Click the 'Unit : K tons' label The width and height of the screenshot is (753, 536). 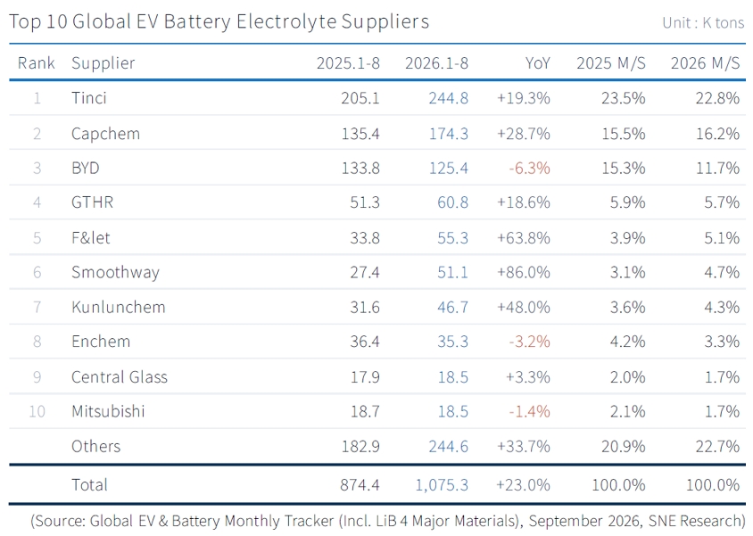pos(703,22)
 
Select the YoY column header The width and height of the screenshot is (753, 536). pos(537,62)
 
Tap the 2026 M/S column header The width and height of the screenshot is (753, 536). pos(705,62)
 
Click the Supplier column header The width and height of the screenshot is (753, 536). pos(103,63)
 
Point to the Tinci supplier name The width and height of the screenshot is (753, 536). pos(89,98)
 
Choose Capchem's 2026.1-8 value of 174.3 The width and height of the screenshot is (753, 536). pos(449,134)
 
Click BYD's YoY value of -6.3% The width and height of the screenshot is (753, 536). pos(530,168)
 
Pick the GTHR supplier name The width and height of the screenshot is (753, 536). pos(92,202)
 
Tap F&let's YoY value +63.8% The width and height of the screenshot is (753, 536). pos(524,237)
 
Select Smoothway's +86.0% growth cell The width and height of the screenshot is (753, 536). pos(524,272)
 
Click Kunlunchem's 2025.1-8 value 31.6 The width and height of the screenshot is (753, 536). pos(365,307)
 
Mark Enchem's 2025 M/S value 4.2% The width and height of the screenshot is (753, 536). pos(628,342)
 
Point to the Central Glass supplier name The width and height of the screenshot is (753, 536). pos(120,377)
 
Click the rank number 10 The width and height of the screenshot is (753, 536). pos(37,412)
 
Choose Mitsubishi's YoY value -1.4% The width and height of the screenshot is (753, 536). pos(530,412)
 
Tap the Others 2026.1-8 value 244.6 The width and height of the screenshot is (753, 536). pos(449,446)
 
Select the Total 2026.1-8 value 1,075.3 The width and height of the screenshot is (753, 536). pos(442,484)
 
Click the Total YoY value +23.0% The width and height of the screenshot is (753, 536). pos(524,484)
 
